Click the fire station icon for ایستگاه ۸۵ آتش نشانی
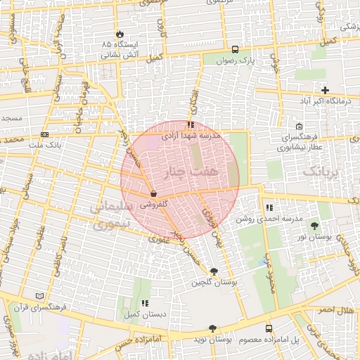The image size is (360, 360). (x=120, y=33)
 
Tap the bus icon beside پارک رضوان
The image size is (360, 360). (x=235, y=49)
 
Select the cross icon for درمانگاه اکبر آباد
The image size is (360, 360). (x=325, y=90)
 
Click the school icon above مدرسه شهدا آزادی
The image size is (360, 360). (x=191, y=125)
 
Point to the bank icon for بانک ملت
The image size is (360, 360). (x=45, y=134)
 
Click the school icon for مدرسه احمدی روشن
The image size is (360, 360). (x=269, y=207)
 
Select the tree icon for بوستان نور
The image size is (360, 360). (x=314, y=226)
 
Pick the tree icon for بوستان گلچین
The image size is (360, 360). (x=214, y=271)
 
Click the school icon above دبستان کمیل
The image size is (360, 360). (x=145, y=303)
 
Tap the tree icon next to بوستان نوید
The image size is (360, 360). (x=212, y=328)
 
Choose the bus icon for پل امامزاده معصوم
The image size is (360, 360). (x=269, y=328)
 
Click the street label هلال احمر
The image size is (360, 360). (x=335, y=310)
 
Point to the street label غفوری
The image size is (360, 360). (x=158, y=238)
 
